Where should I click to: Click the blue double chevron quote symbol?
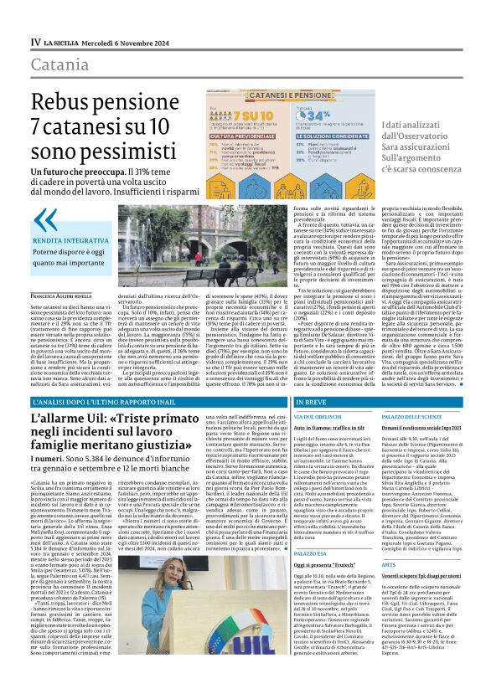(x=44, y=220)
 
